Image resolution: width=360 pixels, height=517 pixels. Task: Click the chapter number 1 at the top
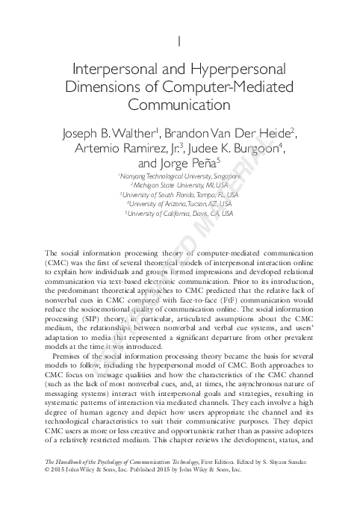click(180, 38)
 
